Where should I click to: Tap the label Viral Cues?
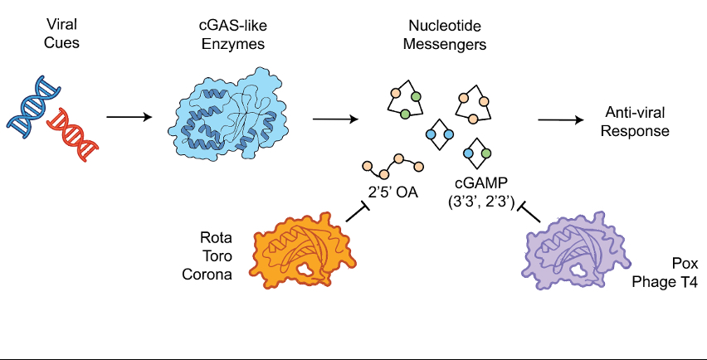tap(61, 33)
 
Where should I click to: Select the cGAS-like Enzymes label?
tap(233, 33)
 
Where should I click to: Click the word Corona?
tap(207, 275)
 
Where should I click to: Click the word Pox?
tap(684, 265)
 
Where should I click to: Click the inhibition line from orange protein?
tap(357, 213)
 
